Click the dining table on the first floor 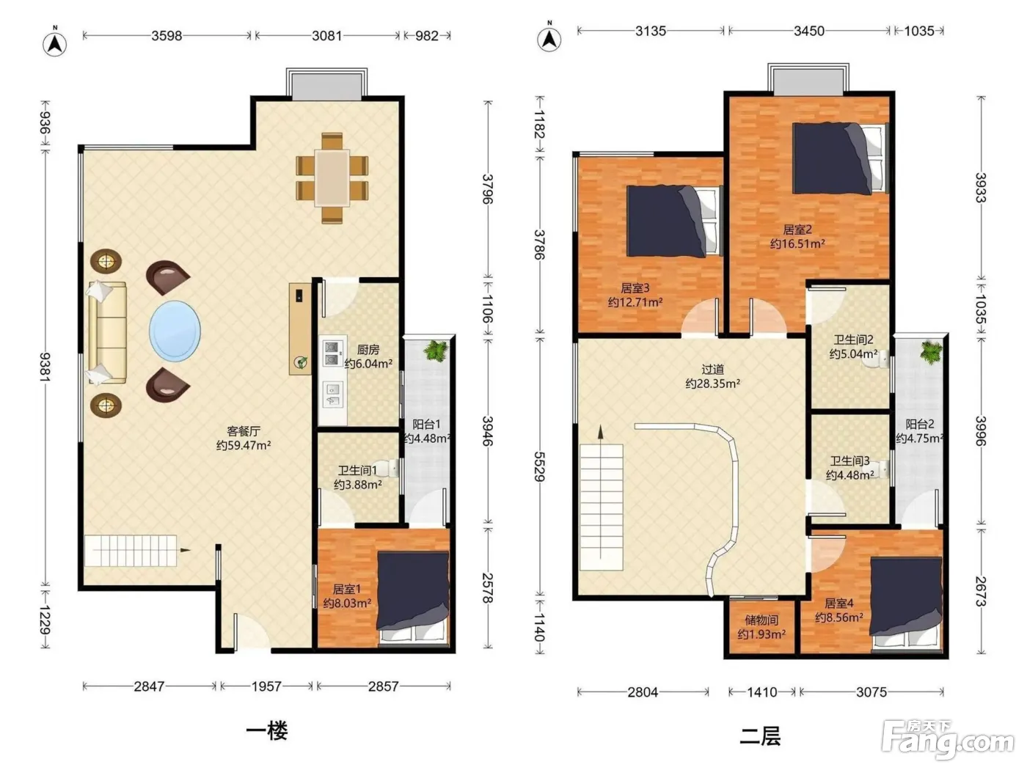coord(332,177)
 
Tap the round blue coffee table coord(175,331)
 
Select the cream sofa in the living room coord(107,332)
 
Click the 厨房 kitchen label coord(368,349)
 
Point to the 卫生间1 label coord(357,470)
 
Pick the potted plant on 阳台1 coord(436,351)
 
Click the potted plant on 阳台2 coord(930,351)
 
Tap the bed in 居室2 coord(840,158)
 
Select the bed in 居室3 coord(674,221)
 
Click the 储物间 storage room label coord(761,620)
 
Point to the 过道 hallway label coord(712,370)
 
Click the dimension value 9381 coord(45,367)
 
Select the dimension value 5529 coord(539,466)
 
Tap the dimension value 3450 coord(809,31)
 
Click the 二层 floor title coord(759,736)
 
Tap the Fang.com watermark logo coord(948,740)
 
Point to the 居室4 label coord(838,603)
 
